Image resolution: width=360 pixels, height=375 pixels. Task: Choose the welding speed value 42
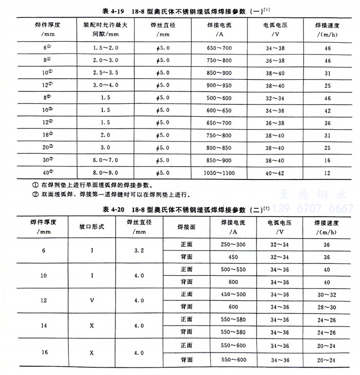(x=327, y=110)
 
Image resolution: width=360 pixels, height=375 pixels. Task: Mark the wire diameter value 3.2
(x=139, y=251)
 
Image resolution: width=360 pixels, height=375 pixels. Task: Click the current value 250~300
(x=233, y=244)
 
